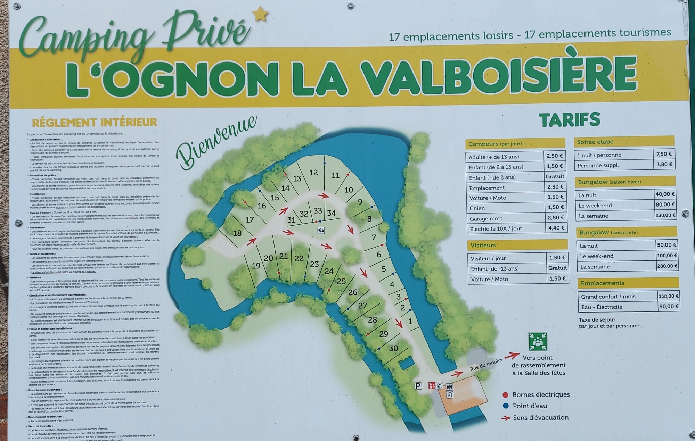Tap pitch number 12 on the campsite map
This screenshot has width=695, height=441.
click(x=313, y=173)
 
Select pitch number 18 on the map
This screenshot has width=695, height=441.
click(x=237, y=233)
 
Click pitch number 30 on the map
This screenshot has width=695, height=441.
click(x=393, y=348)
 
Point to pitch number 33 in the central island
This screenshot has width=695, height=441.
click(x=318, y=211)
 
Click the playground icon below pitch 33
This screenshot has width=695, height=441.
click(x=321, y=230)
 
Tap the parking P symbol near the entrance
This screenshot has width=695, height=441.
click(x=418, y=386)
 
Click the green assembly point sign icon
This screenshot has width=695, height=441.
click(x=538, y=341)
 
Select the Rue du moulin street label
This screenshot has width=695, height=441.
click(x=486, y=365)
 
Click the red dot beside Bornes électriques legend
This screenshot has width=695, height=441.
click(x=506, y=395)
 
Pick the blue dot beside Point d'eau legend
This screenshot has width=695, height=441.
click(x=506, y=406)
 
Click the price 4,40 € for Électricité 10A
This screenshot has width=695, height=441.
click(x=555, y=228)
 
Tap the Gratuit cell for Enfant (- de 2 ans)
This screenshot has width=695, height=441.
click(x=555, y=176)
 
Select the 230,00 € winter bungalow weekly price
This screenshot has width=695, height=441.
click(x=665, y=215)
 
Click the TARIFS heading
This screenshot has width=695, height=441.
click(x=570, y=120)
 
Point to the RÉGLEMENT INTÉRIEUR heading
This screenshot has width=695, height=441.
click(x=95, y=123)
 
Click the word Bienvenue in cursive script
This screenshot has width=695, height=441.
click(x=216, y=142)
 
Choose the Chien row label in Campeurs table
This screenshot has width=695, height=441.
click(x=477, y=208)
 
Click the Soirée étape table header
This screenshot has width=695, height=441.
click(x=595, y=142)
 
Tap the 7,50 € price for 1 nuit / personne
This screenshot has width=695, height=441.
click(x=664, y=154)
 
